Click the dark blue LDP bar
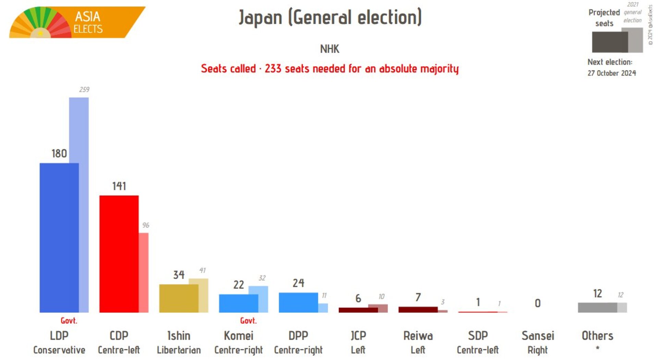[x=59, y=238]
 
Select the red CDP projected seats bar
[x=119, y=254]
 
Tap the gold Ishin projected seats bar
[x=179, y=298]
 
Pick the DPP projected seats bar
[x=298, y=302]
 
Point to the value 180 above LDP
[x=59, y=153]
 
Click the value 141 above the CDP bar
[x=119, y=186]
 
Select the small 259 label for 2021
[x=84, y=90]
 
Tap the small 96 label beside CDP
[x=146, y=225]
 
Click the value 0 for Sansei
[x=537, y=303]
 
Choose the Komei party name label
[x=239, y=336]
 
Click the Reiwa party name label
[x=418, y=336]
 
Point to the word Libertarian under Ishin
[x=179, y=350]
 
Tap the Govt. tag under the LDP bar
[x=69, y=321]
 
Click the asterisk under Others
[x=597, y=348]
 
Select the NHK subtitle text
[x=329, y=49]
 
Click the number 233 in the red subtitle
[x=273, y=69]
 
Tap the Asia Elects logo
[x=77, y=22]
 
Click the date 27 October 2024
[x=611, y=73]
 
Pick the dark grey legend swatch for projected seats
[x=609, y=42]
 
